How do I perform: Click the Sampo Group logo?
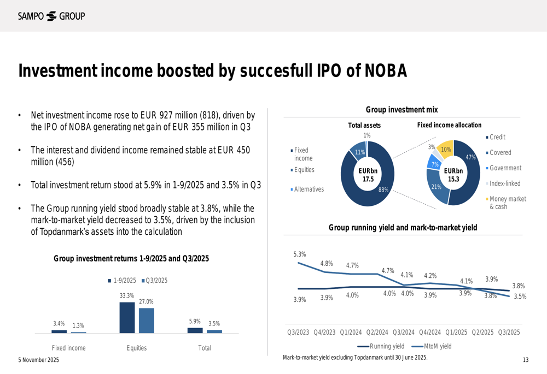pyautogui.click(x=51, y=16)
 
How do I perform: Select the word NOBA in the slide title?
pyautogui.click(x=386, y=72)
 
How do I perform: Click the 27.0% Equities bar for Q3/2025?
pyautogui.click(x=146, y=320)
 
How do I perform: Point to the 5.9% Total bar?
pyautogui.click(x=195, y=330)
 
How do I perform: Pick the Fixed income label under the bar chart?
pyautogui.click(x=68, y=348)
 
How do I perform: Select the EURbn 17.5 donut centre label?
pyautogui.click(x=367, y=175)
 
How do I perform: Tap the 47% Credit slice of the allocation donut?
pyautogui.click(x=466, y=175)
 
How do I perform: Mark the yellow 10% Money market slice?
pyautogui.click(x=446, y=149)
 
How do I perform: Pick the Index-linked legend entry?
pyautogui.click(x=504, y=183)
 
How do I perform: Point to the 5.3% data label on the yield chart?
pyautogui.click(x=299, y=254)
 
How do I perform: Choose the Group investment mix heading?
pyautogui.click(x=401, y=110)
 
